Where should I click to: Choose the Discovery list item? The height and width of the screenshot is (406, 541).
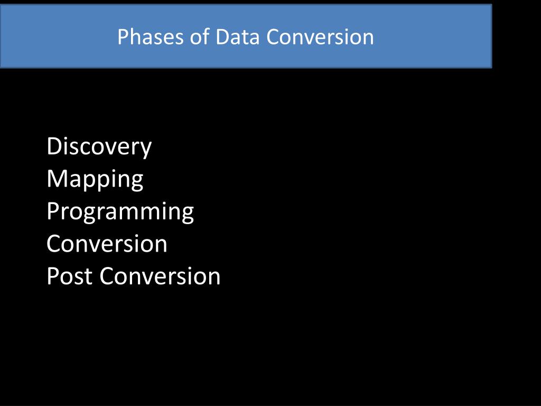click(99, 146)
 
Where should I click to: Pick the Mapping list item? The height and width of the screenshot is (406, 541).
click(95, 179)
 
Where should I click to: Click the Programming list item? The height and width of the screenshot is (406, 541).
click(120, 212)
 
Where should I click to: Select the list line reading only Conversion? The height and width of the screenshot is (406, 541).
click(107, 244)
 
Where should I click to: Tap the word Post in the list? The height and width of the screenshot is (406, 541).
click(69, 276)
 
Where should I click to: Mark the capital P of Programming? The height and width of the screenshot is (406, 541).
click(53, 211)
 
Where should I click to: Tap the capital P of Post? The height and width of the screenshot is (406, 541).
click(53, 276)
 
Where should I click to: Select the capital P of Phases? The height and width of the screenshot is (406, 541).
click(123, 37)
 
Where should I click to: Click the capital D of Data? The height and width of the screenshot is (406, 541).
click(221, 37)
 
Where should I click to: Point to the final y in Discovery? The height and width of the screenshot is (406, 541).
click(145, 149)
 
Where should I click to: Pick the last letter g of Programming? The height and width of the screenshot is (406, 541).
click(187, 214)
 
